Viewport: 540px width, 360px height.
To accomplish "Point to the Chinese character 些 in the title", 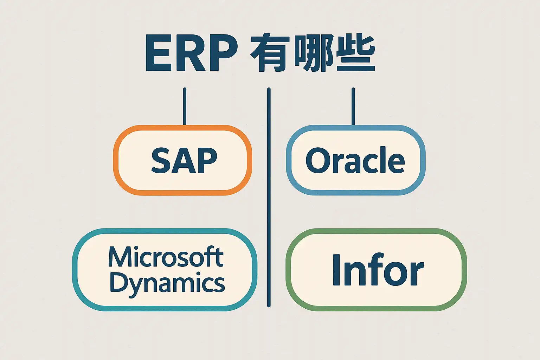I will click(355, 53).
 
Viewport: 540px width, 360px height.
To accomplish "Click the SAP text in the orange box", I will click(184, 160).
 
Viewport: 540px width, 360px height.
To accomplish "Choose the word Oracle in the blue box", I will click(355, 160).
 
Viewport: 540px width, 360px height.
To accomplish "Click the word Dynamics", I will click(167, 283).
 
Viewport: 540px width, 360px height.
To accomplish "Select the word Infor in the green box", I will click(378, 270).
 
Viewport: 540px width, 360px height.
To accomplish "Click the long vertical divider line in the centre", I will click(269, 197).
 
